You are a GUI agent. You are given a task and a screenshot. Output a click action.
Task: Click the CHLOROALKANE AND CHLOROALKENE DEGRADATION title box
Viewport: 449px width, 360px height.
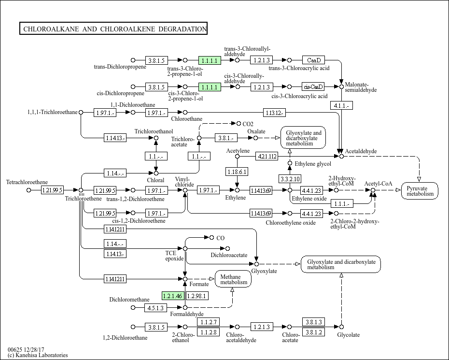(113, 29)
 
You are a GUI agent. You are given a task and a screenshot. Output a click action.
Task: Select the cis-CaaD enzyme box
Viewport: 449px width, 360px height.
(313, 87)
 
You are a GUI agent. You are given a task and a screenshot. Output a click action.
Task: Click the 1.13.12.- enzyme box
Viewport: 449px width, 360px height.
(275, 113)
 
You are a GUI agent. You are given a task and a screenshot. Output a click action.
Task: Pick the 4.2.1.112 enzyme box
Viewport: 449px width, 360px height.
(267, 156)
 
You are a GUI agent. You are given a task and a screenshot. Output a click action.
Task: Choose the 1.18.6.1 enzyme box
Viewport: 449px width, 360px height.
(237, 172)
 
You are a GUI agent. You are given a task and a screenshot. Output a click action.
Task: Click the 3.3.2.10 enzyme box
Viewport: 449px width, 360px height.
(290, 179)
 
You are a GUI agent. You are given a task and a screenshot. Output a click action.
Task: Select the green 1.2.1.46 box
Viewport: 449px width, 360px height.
(173, 296)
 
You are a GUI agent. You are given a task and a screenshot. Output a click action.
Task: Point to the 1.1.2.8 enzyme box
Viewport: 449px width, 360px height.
(208, 332)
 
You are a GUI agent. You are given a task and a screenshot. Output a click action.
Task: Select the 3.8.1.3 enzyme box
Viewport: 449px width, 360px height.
(313, 322)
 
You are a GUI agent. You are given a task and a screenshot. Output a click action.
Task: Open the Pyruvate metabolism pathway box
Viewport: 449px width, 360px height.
(420, 190)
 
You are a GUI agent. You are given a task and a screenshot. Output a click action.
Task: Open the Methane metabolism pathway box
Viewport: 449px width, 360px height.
(234, 279)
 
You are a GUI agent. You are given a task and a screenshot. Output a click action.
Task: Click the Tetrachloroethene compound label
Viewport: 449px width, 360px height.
(27, 182)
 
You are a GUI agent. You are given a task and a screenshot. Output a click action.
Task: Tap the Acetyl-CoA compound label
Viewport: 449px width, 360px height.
(379, 184)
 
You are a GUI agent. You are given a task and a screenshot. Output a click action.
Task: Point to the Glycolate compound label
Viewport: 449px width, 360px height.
(349, 335)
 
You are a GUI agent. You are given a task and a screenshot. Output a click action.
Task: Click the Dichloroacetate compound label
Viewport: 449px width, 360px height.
(229, 255)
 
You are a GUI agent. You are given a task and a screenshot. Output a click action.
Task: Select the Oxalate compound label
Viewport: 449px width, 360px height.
(256, 131)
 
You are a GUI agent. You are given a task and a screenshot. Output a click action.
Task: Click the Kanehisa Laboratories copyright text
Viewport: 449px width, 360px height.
(38, 355)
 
